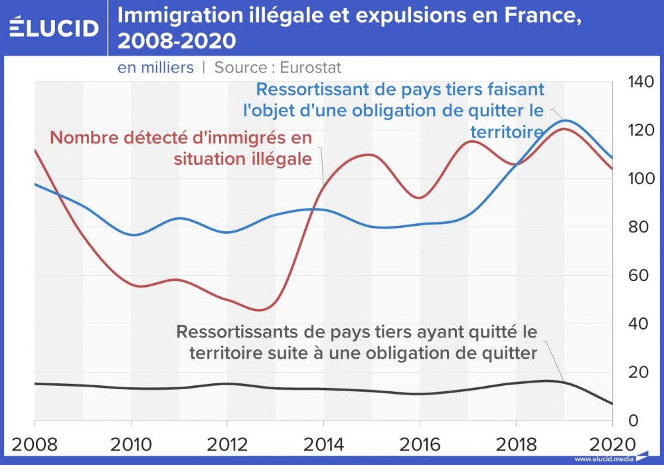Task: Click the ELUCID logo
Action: click(x=54, y=27)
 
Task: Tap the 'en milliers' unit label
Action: click(x=155, y=68)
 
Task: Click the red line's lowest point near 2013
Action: click(x=260, y=310)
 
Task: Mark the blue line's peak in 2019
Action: click(x=565, y=120)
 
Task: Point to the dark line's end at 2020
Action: click(x=612, y=404)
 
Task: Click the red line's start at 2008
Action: click(x=35, y=150)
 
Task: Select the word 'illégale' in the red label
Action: click(x=279, y=159)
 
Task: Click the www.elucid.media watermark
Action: click(x=602, y=458)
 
